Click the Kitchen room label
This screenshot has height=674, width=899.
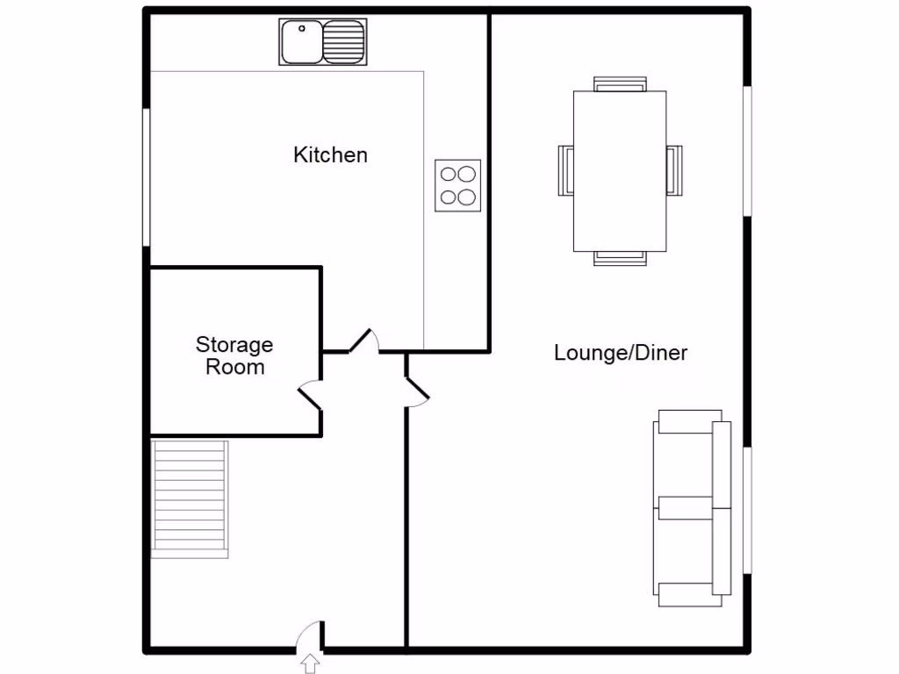click(330, 155)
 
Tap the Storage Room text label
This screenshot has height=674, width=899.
click(234, 355)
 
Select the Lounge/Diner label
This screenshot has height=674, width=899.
click(620, 353)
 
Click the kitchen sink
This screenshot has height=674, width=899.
click(322, 41)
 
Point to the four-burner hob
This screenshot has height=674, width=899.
click(458, 185)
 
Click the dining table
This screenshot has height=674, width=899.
click(620, 170)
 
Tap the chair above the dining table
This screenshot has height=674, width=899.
click(620, 84)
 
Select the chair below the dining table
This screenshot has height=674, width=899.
click(620, 257)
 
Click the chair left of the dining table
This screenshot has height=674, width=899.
click(566, 169)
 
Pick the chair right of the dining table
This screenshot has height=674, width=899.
click(673, 169)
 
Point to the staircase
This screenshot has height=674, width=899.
click(190, 498)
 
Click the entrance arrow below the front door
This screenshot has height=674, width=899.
click(311, 663)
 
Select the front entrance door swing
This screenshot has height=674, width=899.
click(310, 635)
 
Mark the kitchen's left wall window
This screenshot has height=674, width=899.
click(147, 176)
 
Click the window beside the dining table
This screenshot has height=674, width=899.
click(747, 150)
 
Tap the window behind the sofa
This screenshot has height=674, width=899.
click(747, 511)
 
